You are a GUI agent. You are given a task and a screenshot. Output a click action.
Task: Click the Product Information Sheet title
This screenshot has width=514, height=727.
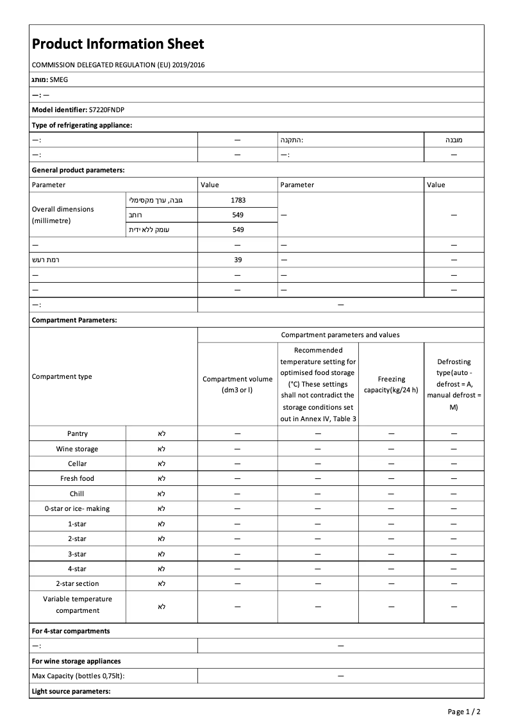tap(118, 44)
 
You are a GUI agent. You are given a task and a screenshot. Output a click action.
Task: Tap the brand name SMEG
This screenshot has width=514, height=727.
tap(58, 80)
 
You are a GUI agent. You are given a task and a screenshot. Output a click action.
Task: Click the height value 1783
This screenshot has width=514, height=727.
tap(238, 200)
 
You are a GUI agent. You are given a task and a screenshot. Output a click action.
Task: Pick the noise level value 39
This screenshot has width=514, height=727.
tap(238, 260)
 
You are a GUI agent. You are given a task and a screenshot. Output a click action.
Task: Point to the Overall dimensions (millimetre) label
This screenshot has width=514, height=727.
tap(63, 215)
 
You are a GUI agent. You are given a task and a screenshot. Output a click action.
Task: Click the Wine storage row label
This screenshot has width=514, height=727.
tap(77, 449)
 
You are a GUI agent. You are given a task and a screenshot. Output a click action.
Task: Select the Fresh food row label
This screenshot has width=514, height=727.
tap(77, 479)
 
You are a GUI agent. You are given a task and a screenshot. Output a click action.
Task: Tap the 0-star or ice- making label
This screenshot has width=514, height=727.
tap(77, 508)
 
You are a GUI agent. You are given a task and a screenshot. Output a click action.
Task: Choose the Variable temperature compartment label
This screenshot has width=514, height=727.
tap(77, 605)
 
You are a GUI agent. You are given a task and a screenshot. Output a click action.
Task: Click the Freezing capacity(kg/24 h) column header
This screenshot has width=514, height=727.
tap(391, 384)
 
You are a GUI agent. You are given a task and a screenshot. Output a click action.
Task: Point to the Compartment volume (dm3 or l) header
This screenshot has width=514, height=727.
tap(238, 384)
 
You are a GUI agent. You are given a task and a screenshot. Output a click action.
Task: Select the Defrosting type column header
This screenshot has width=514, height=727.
tap(454, 384)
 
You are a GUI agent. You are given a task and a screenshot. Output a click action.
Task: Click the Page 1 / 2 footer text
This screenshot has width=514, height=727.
tap(464, 712)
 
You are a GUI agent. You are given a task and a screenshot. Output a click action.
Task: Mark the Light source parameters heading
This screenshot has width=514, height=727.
tap(71, 691)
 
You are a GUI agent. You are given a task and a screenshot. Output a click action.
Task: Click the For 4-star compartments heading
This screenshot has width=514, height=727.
tap(70, 631)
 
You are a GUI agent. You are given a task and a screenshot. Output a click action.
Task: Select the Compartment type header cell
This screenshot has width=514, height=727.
tap(62, 376)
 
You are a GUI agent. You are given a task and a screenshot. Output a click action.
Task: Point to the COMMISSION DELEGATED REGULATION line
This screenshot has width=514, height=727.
tap(119, 65)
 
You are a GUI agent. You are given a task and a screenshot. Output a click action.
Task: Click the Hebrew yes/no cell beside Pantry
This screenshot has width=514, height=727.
tap(162, 434)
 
